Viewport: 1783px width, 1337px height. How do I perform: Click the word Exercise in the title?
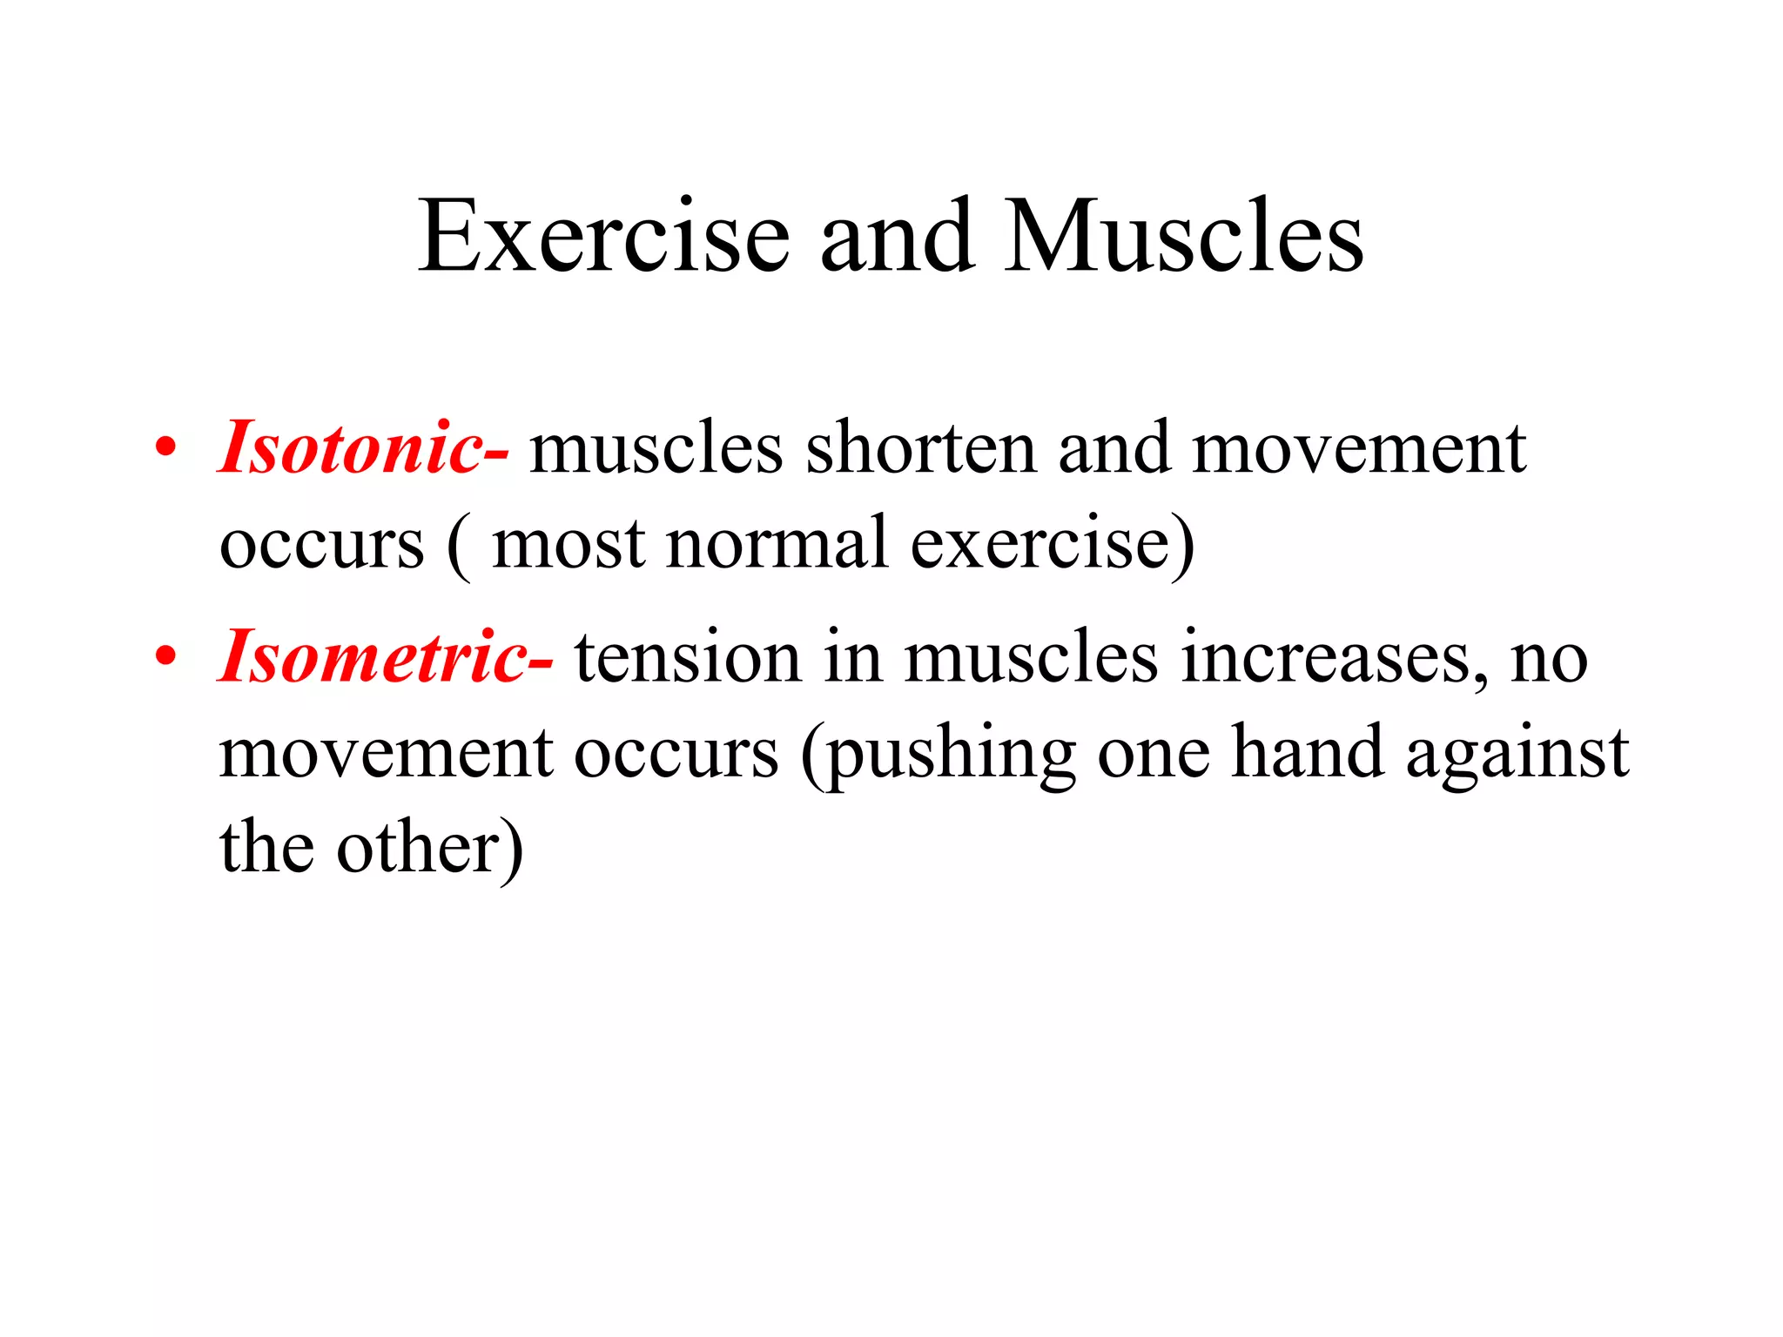(603, 237)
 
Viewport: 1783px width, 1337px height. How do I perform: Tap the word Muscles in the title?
(1183, 237)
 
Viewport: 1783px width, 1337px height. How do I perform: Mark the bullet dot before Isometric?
(165, 658)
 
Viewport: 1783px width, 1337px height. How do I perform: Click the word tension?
(687, 657)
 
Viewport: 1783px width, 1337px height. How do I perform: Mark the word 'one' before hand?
(1153, 754)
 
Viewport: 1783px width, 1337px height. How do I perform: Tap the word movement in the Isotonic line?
(1358, 448)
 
